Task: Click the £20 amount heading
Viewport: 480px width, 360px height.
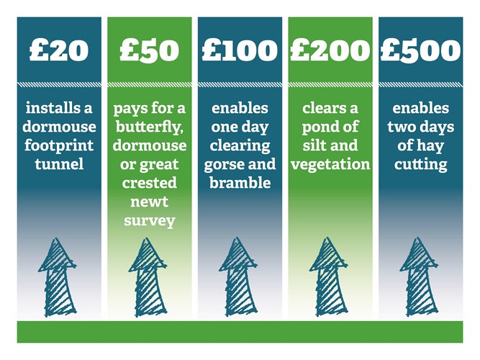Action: tap(59, 50)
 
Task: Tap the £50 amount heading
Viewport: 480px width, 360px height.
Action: tap(150, 50)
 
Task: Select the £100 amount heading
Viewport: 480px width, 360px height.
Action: tap(240, 50)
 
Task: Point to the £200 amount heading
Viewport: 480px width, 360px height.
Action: tap(330, 50)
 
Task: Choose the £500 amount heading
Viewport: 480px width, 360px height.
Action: tap(420, 50)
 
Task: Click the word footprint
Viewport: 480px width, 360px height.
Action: tap(59, 146)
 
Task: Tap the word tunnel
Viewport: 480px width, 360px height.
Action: tap(59, 164)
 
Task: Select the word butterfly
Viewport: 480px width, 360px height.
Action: tap(149, 127)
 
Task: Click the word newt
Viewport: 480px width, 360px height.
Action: tap(150, 202)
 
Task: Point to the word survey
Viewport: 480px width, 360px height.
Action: tap(150, 221)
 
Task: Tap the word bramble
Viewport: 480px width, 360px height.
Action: tap(240, 183)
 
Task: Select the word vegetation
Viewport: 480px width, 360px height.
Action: tap(330, 165)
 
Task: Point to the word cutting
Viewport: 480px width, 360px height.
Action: tap(420, 165)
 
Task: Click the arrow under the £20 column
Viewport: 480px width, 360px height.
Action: tap(58, 277)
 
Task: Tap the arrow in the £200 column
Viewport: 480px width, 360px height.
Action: tap(328, 276)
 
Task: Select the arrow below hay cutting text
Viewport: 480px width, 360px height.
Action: tap(419, 277)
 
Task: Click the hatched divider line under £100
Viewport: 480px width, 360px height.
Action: tap(240, 85)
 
